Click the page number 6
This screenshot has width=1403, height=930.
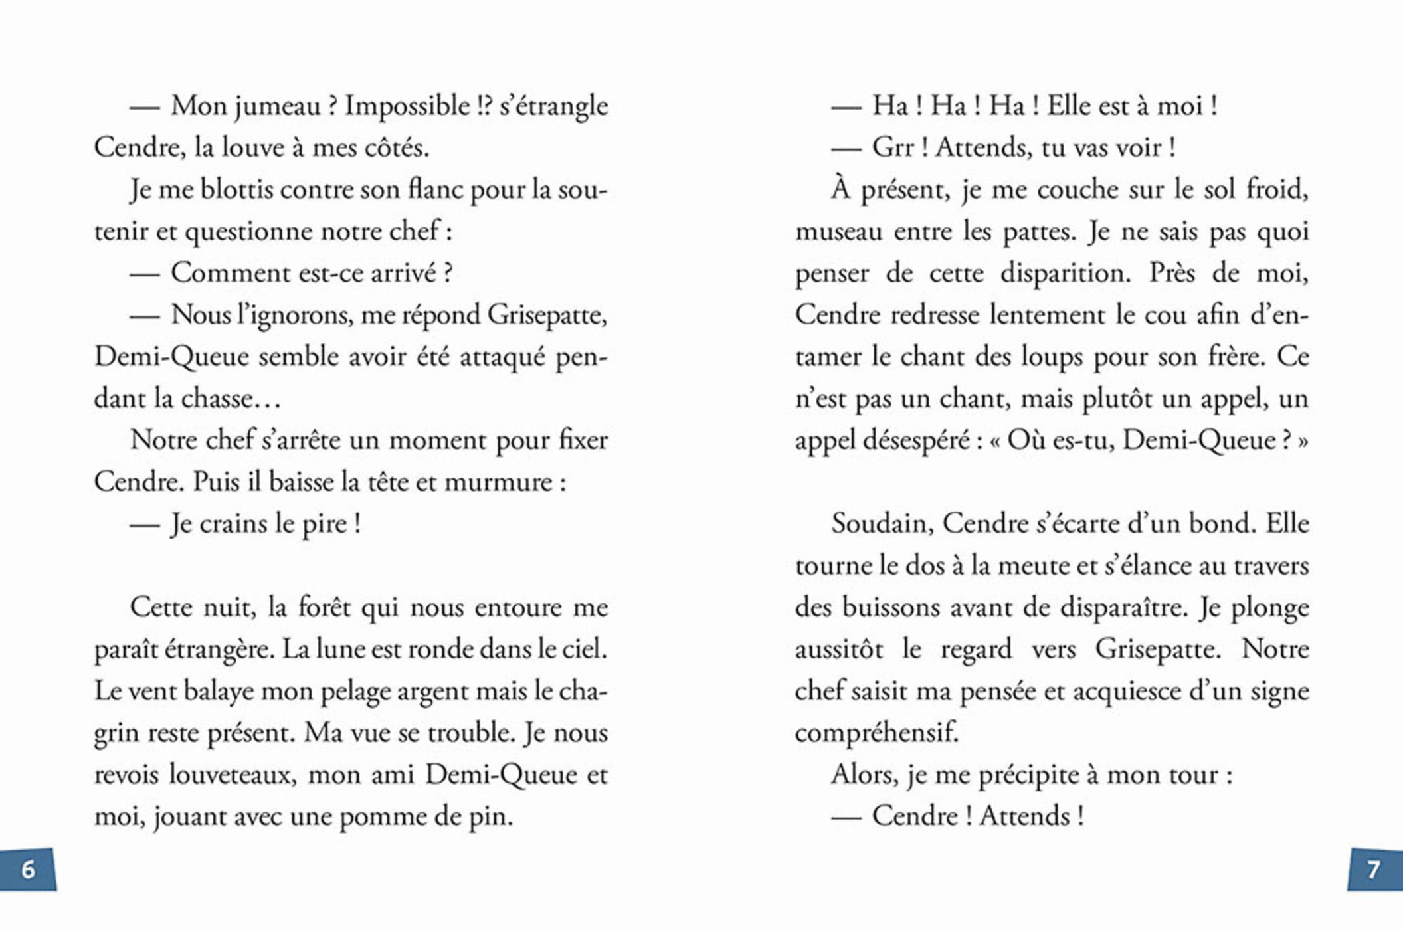tap(28, 869)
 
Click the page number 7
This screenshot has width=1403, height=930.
tap(1373, 869)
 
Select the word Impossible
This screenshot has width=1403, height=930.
tap(407, 106)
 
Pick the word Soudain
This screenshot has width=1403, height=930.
tap(883, 524)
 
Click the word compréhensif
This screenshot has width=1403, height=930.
tap(876, 733)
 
